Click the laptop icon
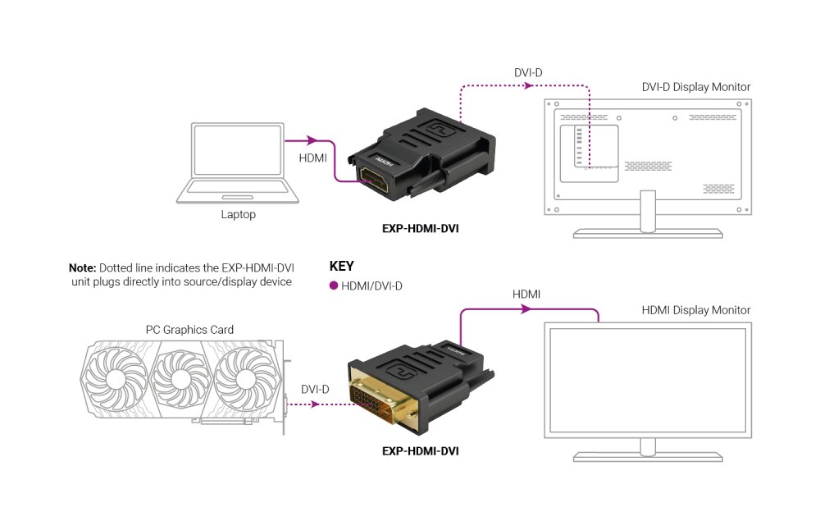pyautogui.click(x=238, y=162)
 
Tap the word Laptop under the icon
pyautogui.click(x=238, y=215)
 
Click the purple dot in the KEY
pyautogui.click(x=334, y=286)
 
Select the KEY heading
pyautogui.click(x=341, y=267)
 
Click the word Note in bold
pyautogui.click(x=82, y=267)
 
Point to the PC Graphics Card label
pyautogui.click(x=189, y=330)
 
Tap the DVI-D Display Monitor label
pyautogui.click(x=695, y=87)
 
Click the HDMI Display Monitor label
pyautogui.click(x=695, y=310)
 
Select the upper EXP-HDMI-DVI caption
pyautogui.click(x=420, y=229)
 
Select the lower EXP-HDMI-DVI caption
pyautogui.click(x=420, y=451)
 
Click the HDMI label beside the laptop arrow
pyautogui.click(x=312, y=157)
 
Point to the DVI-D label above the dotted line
pyautogui.click(x=528, y=72)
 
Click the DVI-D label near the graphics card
pyautogui.click(x=315, y=389)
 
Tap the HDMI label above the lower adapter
pyautogui.click(x=526, y=294)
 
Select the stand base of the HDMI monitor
pyautogui.click(x=648, y=456)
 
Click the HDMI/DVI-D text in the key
pyautogui.click(x=372, y=286)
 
